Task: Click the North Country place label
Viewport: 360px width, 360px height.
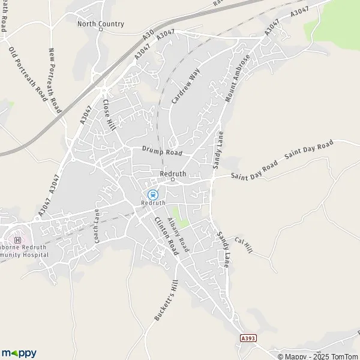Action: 101,24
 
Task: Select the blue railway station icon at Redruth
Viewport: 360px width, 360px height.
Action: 152,194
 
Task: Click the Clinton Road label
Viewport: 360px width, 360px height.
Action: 166,238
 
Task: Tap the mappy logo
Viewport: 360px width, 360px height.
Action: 19,353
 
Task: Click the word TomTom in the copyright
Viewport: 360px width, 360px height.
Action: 341,356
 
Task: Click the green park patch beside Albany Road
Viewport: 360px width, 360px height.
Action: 178,217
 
